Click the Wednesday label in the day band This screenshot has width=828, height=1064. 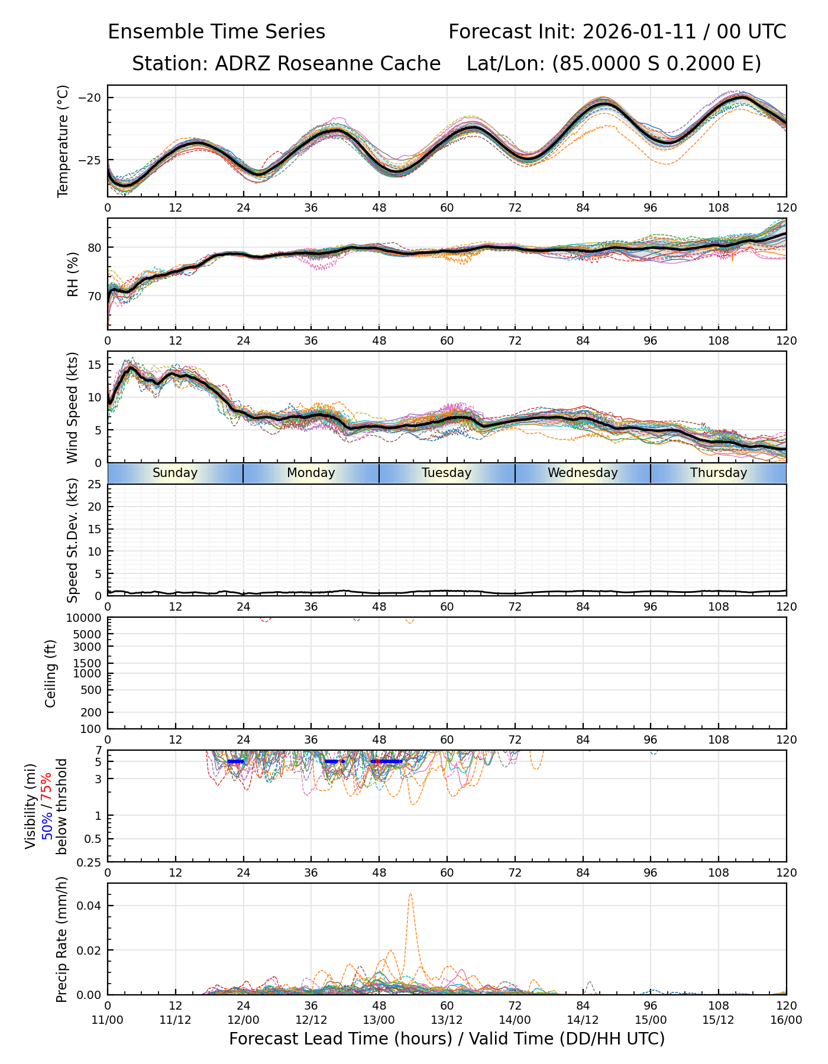click(583, 473)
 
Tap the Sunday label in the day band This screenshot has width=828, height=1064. click(175, 473)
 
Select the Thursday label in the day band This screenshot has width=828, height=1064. click(719, 473)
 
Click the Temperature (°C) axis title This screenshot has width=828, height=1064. click(63, 141)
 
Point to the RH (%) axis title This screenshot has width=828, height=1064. click(73, 274)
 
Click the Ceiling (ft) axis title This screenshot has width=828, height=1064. click(51, 673)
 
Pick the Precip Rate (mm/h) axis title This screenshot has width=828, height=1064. click(62, 939)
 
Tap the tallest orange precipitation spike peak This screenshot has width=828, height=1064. click(410, 894)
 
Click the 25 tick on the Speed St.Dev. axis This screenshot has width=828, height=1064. click(94, 485)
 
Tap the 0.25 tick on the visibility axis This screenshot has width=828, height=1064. click(90, 862)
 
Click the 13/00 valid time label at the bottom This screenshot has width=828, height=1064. click(379, 1020)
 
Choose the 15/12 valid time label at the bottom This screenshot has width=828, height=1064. click(719, 1020)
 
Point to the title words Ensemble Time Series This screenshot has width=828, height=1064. click(216, 32)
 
